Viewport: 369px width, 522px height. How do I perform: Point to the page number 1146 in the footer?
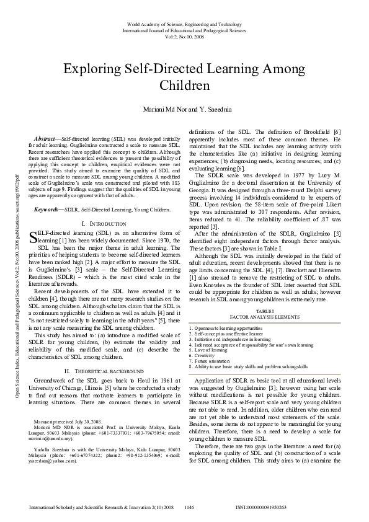pyautogui.click(x=190, y=507)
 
